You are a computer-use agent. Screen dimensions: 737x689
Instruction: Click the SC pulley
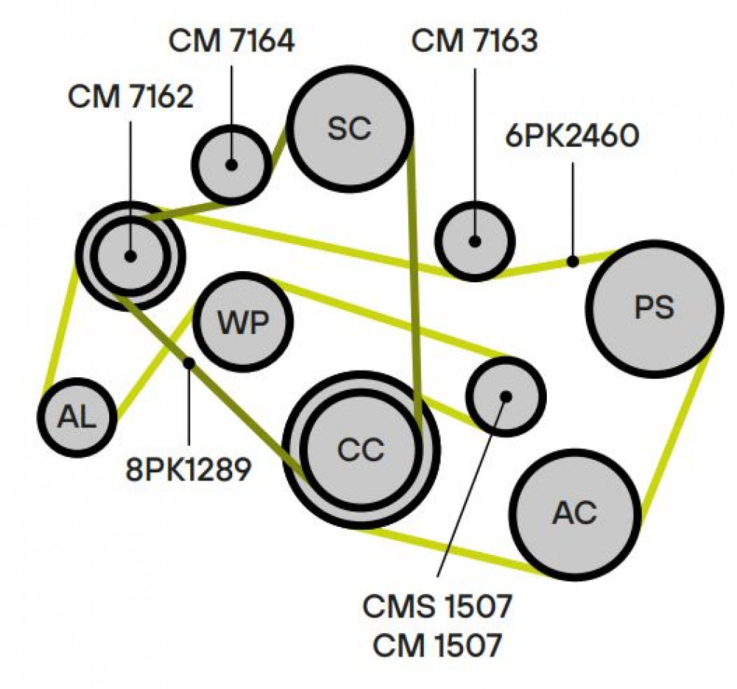pos(349,128)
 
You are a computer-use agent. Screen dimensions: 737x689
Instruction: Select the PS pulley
pos(654,309)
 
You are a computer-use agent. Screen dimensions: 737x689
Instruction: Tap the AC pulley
pos(575,513)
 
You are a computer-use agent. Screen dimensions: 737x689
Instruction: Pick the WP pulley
pos(243,322)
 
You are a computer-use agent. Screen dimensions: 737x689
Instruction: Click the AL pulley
pos(77,417)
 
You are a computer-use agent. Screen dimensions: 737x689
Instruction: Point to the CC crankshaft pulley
pos(361,450)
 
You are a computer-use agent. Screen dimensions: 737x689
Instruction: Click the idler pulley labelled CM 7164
pos(231,165)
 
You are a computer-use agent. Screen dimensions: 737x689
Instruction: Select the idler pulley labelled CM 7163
pos(475,242)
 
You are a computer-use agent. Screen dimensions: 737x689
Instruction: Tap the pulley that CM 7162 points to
pos(130,256)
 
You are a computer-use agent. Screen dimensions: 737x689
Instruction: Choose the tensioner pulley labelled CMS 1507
pos(506,396)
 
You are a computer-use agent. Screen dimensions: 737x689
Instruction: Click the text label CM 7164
pos(231,41)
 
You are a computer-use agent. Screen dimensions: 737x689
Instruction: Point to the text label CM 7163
pos(474,41)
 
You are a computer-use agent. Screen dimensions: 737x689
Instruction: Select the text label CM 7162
pos(130,97)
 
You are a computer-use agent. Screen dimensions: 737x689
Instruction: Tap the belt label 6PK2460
pos(572,136)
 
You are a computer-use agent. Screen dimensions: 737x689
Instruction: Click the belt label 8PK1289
pos(189,469)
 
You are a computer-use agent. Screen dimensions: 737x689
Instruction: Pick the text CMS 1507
pos(436,606)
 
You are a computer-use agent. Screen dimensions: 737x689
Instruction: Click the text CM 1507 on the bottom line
pos(437,646)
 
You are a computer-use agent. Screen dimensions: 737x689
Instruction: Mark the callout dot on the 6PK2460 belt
pos(572,262)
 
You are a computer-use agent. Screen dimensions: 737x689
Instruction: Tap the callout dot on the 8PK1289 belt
pos(189,363)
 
